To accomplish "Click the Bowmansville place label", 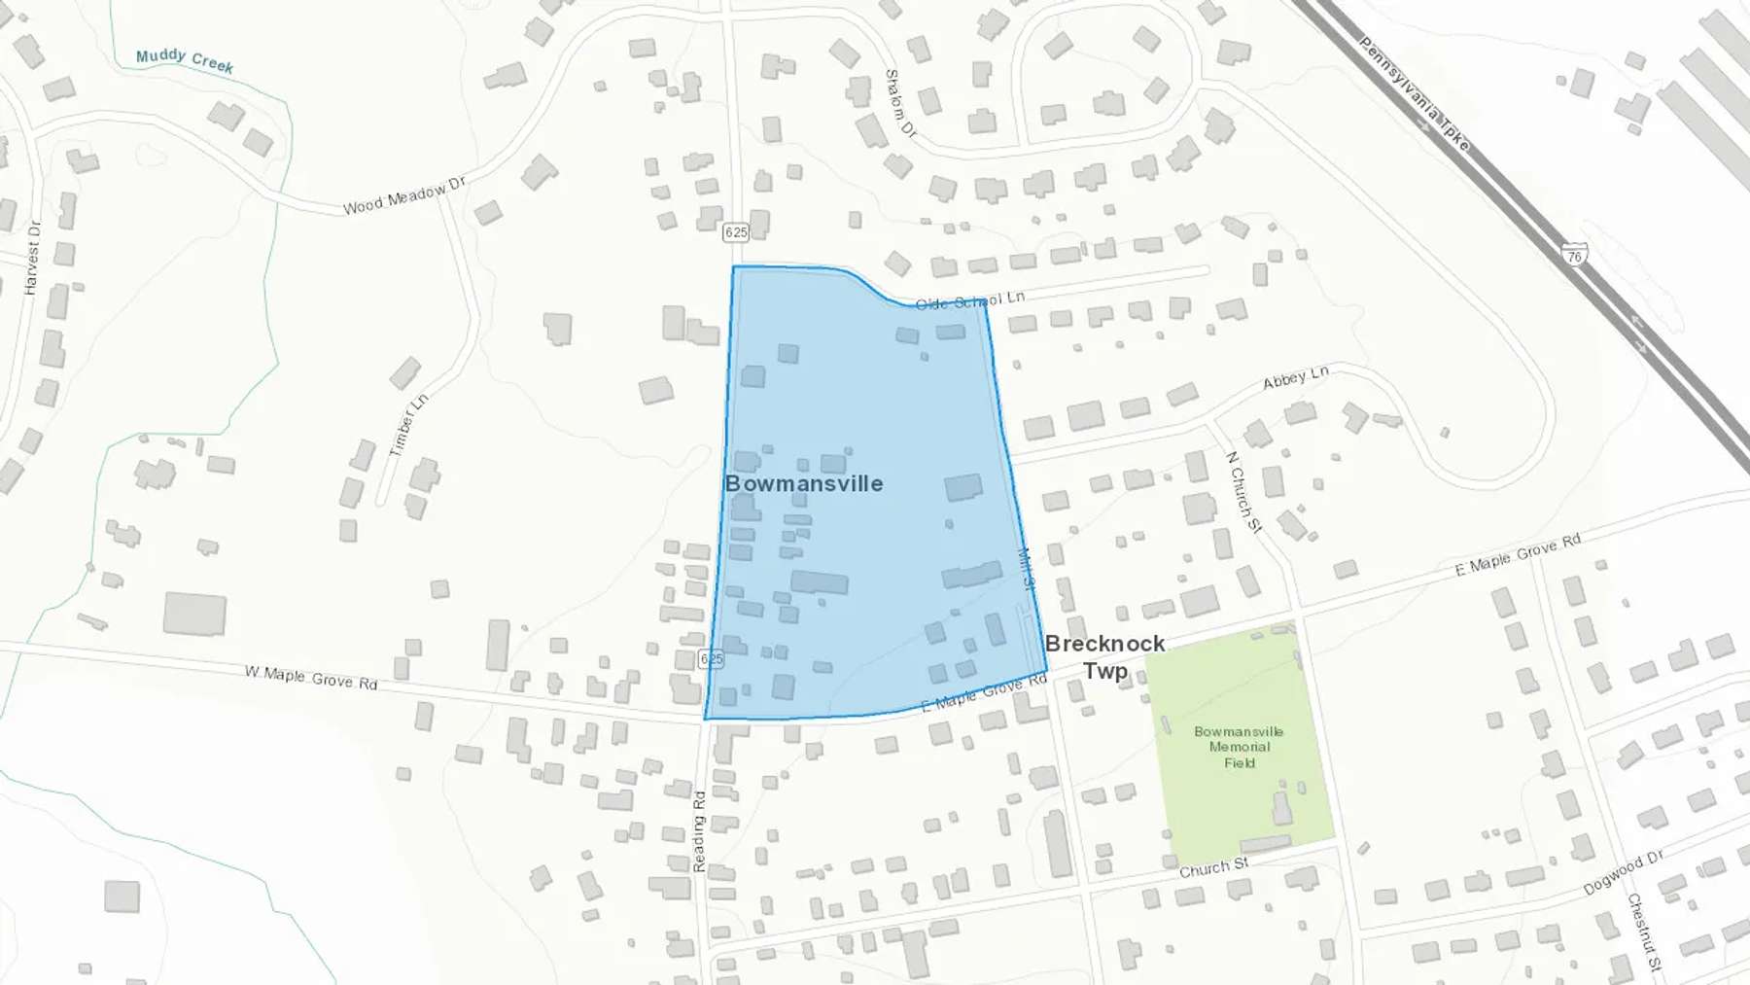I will pyautogui.click(x=804, y=483).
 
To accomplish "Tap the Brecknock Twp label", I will pyautogui.click(x=1105, y=656).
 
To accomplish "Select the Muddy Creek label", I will pyautogui.click(x=185, y=60).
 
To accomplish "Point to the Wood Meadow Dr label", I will pyautogui.click(x=404, y=195).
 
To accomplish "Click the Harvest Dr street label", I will pyautogui.click(x=33, y=258).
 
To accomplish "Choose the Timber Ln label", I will pyautogui.click(x=408, y=425).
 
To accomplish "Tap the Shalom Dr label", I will pyautogui.click(x=899, y=102).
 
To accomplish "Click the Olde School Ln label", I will pyautogui.click(x=969, y=300).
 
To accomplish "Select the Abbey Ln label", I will pyautogui.click(x=1295, y=378).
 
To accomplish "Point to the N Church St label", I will pyautogui.click(x=1243, y=492).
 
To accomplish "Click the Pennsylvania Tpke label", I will pyautogui.click(x=1415, y=92).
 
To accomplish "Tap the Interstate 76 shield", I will pyautogui.click(x=1575, y=255).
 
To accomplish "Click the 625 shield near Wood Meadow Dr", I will pyautogui.click(x=736, y=231).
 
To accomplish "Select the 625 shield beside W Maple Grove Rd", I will pyautogui.click(x=712, y=659).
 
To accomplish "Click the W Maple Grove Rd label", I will pyautogui.click(x=310, y=677).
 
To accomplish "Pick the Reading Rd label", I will pyautogui.click(x=699, y=831).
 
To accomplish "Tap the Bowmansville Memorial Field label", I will pyautogui.click(x=1239, y=747).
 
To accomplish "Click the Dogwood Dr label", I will pyautogui.click(x=1623, y=872).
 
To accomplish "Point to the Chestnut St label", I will pyautogui.click(x=1644, y=932).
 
